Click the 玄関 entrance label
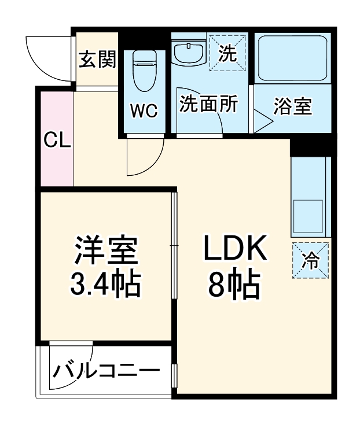point(98,59)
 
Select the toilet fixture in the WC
point(143,70)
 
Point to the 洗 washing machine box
point(227,53)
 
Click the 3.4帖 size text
point(106,283)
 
